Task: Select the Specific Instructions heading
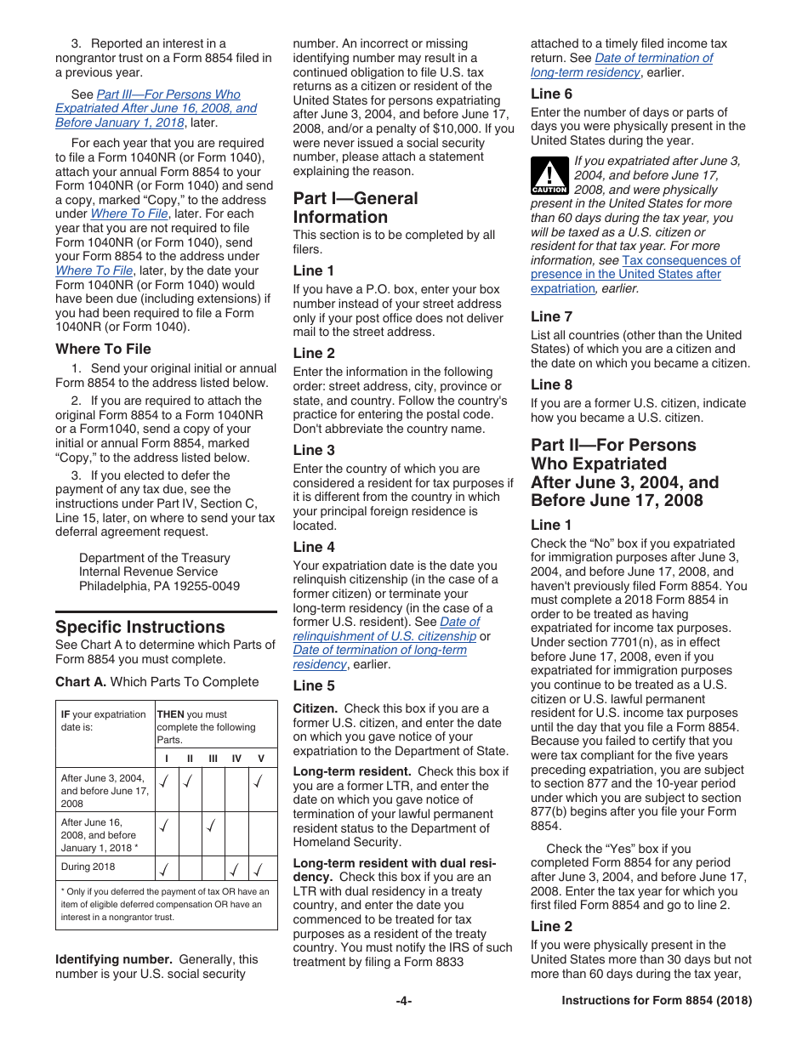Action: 140,627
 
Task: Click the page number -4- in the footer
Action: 403,1001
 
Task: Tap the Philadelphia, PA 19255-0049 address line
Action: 159,586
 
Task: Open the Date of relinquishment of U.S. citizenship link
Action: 384,636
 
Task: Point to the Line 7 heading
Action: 551,316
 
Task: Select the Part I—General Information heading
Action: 356,207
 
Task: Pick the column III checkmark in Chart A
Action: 211,825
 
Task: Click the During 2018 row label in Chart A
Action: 88,867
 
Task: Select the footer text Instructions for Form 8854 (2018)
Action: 657,1001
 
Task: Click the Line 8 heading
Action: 551,384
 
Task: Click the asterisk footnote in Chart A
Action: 166,904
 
